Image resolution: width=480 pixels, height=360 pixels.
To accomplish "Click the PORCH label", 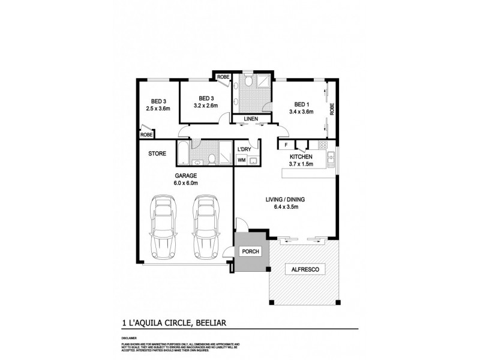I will coord(250,251).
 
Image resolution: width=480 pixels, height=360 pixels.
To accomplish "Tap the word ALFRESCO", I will coord(304,270).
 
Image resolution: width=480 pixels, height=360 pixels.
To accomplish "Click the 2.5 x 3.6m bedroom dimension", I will coord(158,109).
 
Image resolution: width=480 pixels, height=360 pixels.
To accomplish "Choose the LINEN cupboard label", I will coord(251,119).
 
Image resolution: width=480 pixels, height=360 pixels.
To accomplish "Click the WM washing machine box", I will coord(241,160).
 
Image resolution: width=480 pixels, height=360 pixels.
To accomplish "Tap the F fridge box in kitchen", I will coord(286,145).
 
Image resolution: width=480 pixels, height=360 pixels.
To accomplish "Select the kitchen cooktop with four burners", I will coord(322,145).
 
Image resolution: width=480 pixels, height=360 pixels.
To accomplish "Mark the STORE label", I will coord(158,154).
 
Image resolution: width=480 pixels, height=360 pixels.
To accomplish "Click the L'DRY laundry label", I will coord(244,149).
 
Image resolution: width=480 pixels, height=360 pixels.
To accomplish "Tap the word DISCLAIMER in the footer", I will coord(130,338).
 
